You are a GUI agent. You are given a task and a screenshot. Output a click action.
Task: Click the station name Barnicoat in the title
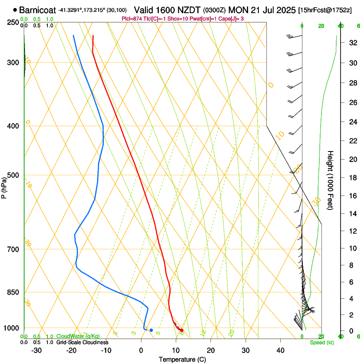tap(37, 9)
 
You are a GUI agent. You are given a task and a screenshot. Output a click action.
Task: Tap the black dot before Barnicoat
tap(15, 9)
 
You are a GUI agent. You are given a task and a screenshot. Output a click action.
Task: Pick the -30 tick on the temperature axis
tap(36, 350)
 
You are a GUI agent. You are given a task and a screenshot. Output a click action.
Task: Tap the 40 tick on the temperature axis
tap(280, 350)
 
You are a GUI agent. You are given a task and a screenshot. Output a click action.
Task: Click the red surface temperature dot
tap(182, 330)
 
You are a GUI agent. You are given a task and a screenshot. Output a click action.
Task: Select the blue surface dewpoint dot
tap(151, 330)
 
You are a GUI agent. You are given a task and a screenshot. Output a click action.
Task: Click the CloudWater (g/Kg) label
tap(76, 336)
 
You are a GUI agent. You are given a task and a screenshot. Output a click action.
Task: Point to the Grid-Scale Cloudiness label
tap(82, 342)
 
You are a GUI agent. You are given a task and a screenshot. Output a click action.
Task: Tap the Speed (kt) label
tap(321, 342)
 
